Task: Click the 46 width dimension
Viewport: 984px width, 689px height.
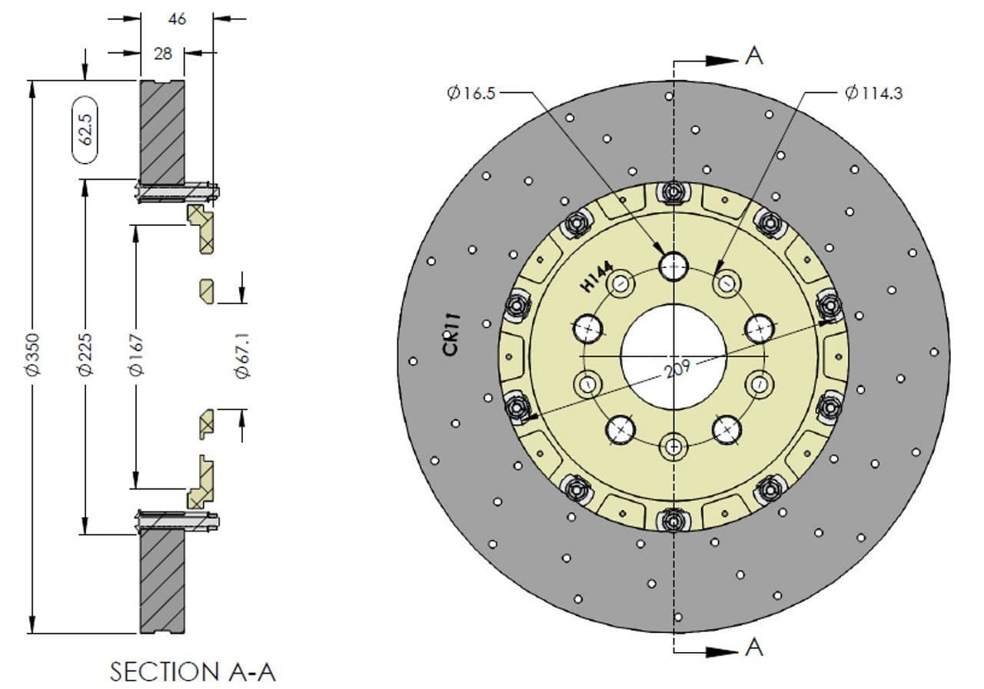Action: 177,19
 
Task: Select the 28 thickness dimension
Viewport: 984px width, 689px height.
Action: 162,54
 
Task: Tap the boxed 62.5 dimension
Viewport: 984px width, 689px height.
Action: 85,130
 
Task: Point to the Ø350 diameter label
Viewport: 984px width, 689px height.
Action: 34,354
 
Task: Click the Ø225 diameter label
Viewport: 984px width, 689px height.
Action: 85,354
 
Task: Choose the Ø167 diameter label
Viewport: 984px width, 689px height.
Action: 136,355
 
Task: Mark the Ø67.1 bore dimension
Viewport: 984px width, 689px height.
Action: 242,356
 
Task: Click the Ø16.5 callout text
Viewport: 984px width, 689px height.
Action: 471,93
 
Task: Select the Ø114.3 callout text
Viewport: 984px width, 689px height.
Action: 874,93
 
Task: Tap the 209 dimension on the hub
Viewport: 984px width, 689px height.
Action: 677,369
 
